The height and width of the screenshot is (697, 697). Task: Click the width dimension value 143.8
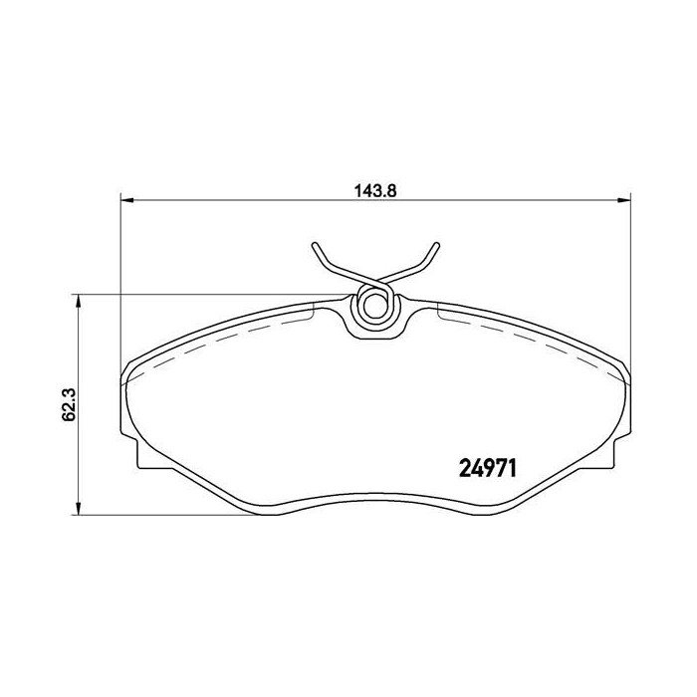tap(375, 191)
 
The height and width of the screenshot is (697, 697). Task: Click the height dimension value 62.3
tap(70, 404)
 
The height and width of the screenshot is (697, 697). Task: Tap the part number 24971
tap(488, 469)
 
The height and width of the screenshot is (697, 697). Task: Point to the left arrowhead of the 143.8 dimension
tap(127, 200)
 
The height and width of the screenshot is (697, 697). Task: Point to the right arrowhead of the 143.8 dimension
tap(624, 200)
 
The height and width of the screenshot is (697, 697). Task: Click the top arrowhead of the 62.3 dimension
tap(79, 301)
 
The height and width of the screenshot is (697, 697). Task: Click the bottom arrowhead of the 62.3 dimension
tap(79, 509)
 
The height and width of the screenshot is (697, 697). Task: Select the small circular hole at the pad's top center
tap(375, 307)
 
